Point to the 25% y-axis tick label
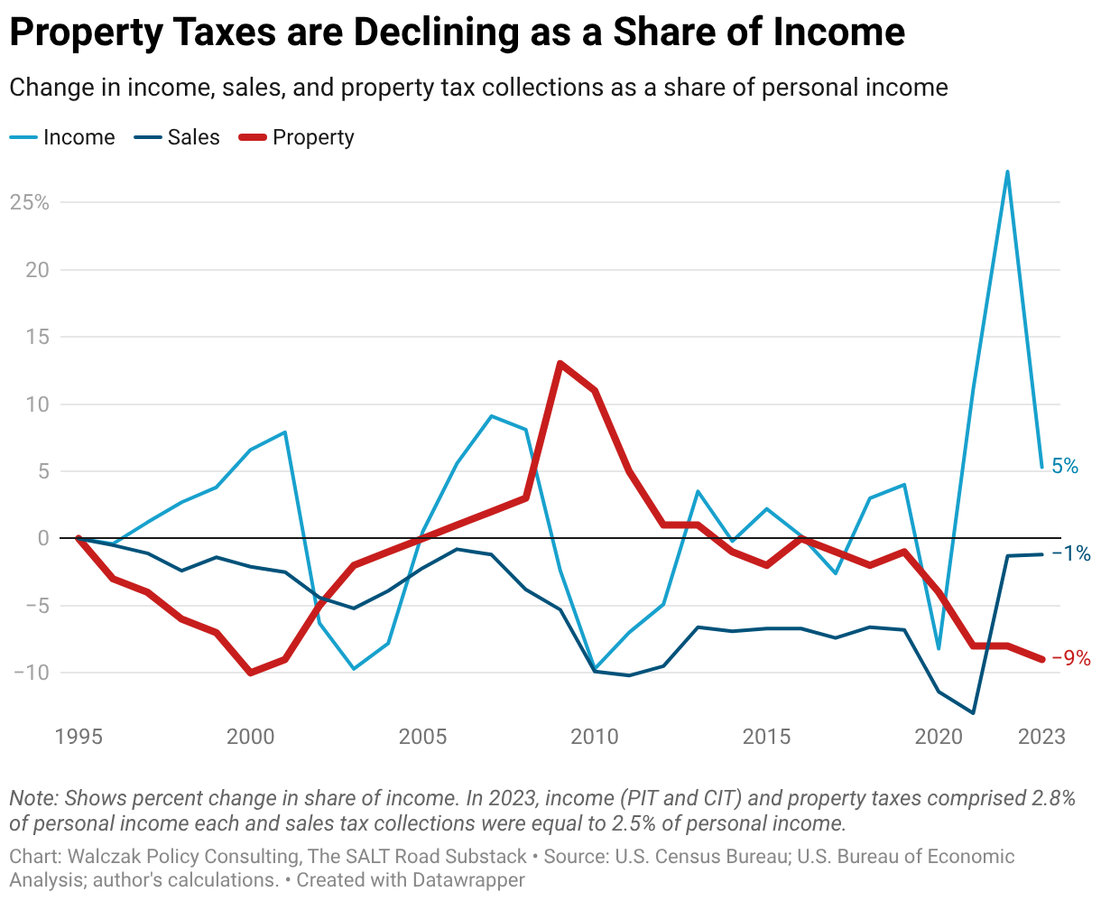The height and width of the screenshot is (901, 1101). coord(29,202)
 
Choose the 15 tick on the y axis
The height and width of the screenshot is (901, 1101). coord(36,337)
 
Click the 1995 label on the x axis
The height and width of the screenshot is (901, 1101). coord(79,737)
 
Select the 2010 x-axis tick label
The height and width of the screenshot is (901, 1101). coord(595,737)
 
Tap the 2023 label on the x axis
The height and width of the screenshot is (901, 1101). coord(1041,737)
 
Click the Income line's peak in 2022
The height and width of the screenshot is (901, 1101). coord(1007,172)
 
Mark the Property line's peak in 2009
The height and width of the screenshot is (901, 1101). coord(560,364)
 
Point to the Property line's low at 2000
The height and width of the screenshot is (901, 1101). coord(250,673)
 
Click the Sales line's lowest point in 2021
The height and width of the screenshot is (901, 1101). coord(973,713)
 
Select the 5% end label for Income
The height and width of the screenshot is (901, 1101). coord(1065,467)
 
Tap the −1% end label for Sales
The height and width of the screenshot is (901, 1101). coord(1071,553)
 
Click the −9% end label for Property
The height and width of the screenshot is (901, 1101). coord(1071,659)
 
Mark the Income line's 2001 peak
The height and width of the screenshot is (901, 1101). coord(285,432)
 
